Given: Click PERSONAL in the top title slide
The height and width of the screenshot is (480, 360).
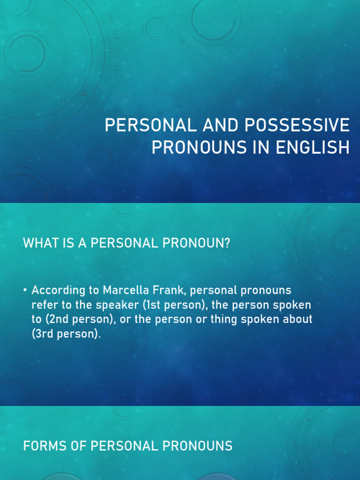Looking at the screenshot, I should click(145, 126).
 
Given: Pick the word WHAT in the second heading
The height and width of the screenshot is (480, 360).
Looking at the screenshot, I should click(38, 244).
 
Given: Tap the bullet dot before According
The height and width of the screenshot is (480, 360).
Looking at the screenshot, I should click(25, 291).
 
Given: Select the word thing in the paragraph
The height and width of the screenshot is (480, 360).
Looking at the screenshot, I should click(239, 320).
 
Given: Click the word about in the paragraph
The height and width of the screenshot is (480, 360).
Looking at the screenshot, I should click(298, 320).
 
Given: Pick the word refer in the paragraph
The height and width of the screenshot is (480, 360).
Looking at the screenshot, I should click(43, 305).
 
